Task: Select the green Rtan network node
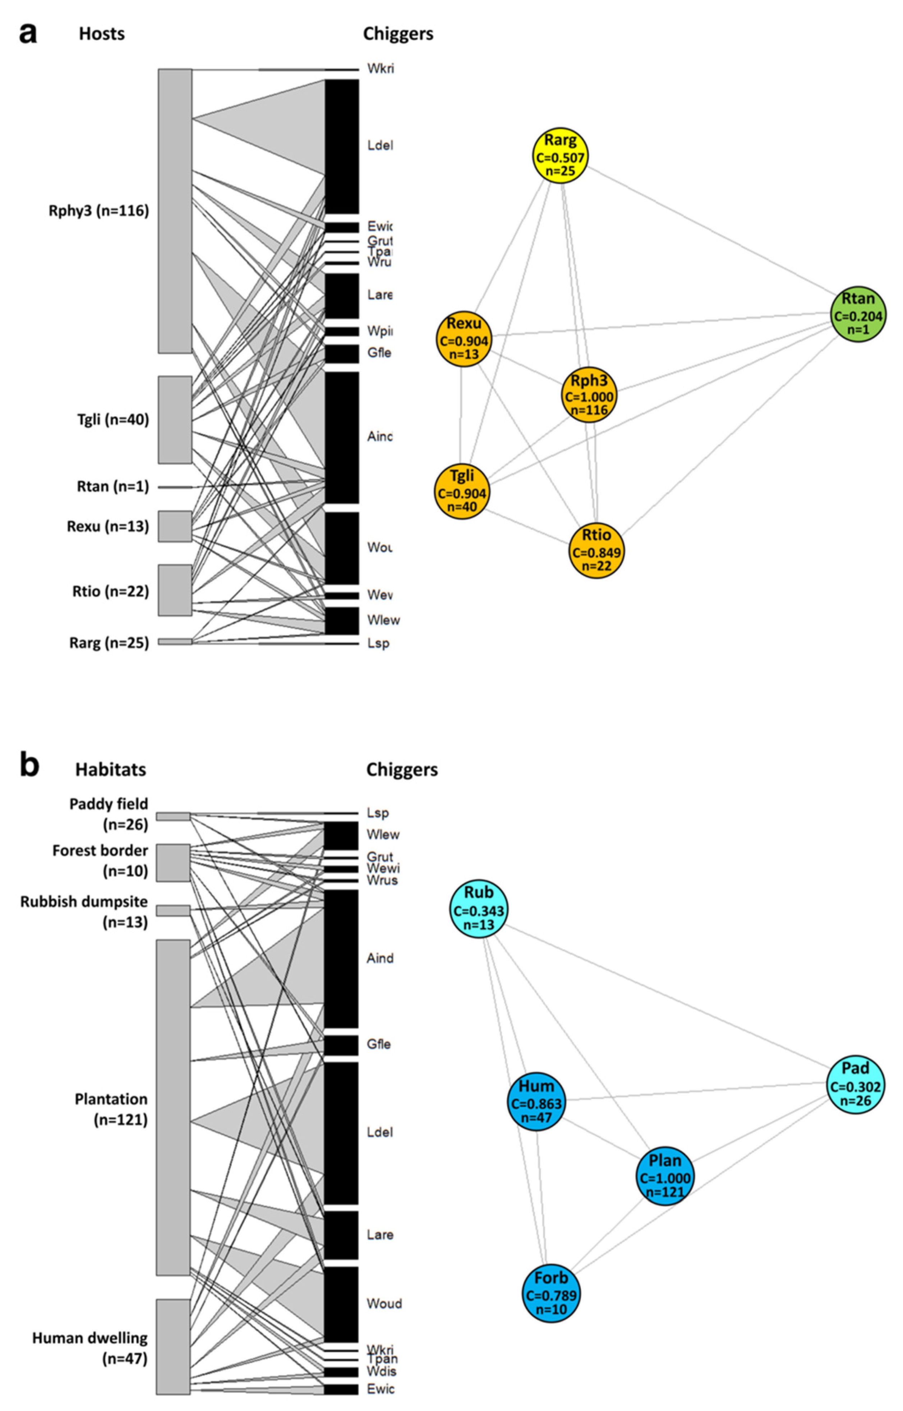[858, 315]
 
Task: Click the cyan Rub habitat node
[479, 909]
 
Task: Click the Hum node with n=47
[536, 1102]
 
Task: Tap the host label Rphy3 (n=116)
[98, 211]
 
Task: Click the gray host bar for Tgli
[175, 420]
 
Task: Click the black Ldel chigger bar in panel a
[342, 147]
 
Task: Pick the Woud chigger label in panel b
[384, 1303]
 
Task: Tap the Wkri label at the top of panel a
[380, 69]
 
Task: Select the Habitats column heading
[110, 769]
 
